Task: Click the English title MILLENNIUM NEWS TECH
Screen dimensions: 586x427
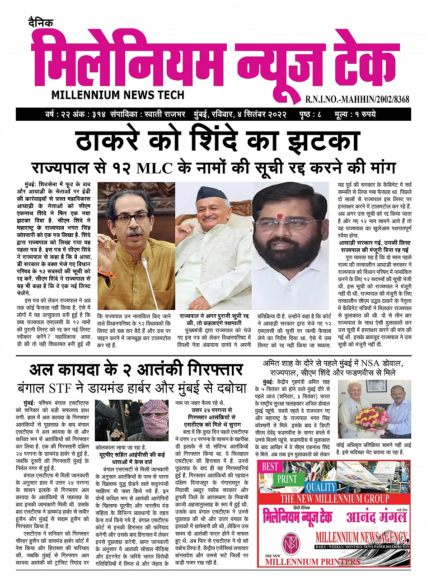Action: coord(118,95)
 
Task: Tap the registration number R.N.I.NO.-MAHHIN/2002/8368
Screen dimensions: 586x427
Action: coord(357,99)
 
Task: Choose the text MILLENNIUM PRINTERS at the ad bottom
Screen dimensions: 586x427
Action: coord(312,562)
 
